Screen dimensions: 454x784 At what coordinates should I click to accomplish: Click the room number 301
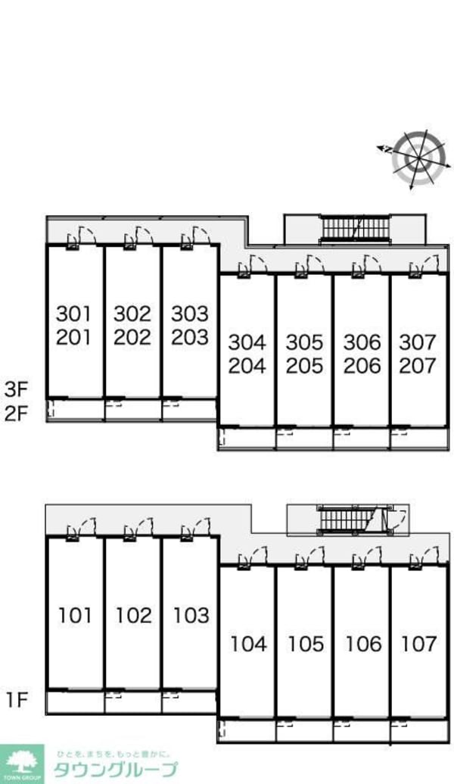pos(74,314)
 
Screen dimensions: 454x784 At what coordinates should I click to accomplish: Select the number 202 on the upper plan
pos(132,338)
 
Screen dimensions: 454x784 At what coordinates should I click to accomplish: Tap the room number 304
pos(247,342)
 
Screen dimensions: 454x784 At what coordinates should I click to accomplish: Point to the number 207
pos(418,366)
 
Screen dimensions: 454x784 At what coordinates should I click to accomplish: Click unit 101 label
pos(76,616)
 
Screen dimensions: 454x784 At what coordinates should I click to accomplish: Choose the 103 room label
pos(191,616)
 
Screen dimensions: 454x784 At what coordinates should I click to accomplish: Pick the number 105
pos(305,644)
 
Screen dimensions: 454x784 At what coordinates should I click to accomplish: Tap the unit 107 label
pos(418,644)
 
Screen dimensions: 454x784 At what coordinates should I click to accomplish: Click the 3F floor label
pos(15,388)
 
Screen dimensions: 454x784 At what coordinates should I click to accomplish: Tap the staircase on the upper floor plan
pos(355,229)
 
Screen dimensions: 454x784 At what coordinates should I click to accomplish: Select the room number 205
pos(304,366)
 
